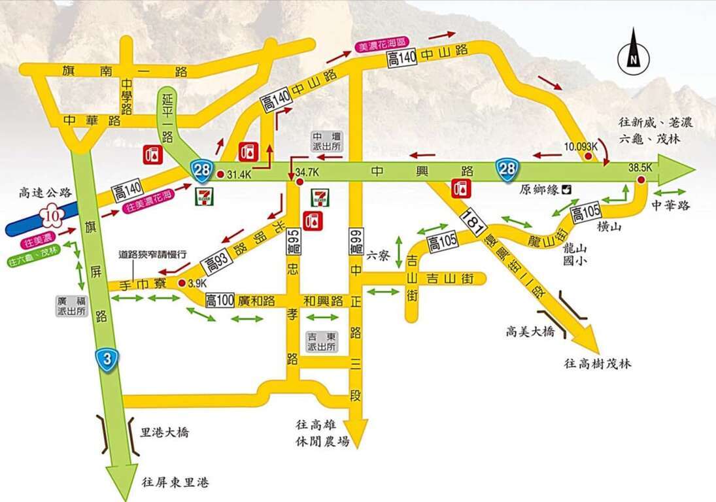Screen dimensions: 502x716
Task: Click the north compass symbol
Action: pyautogui.click(x=633, y=51)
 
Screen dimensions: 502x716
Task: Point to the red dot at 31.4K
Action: pyautogui.click(x=221, y=174)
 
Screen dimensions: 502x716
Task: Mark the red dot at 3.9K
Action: pyautogui.click(x=182, y=283)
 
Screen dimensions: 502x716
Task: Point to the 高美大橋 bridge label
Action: pyautogui.click(x=530, y=332)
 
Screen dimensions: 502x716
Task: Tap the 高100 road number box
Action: pyautogui.click(x=220, y=301)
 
